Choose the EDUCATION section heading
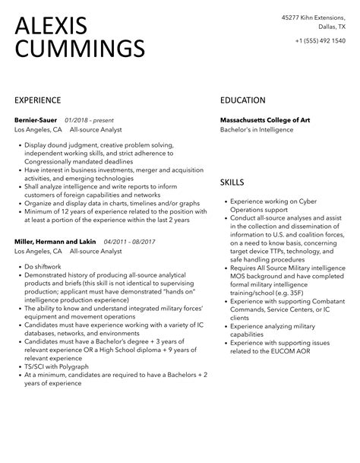(x=242, y=100)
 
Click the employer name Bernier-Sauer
(x=36, y=119)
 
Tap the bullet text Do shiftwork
(x=42, y=267)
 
